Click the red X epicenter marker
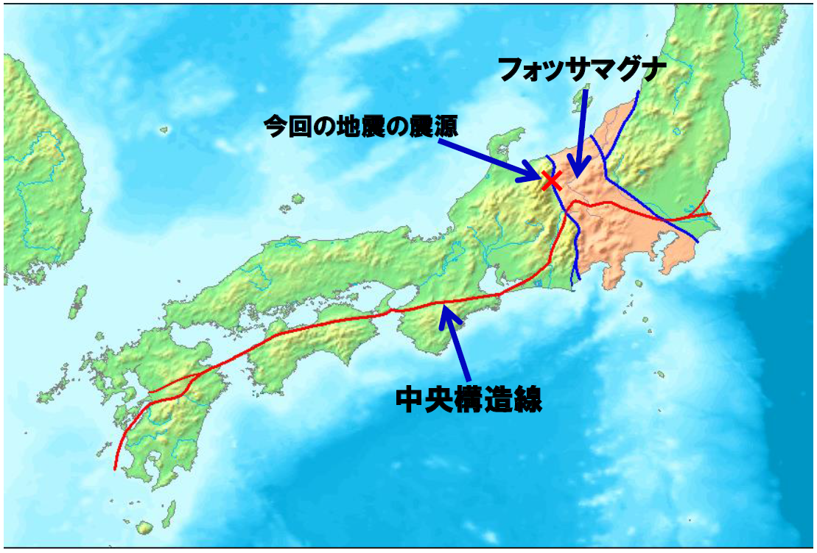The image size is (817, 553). tap(551, 179)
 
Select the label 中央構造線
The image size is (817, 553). tap(469, 401)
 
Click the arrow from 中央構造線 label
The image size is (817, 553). tap(457, 346)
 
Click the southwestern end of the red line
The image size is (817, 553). tap(115, 467)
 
